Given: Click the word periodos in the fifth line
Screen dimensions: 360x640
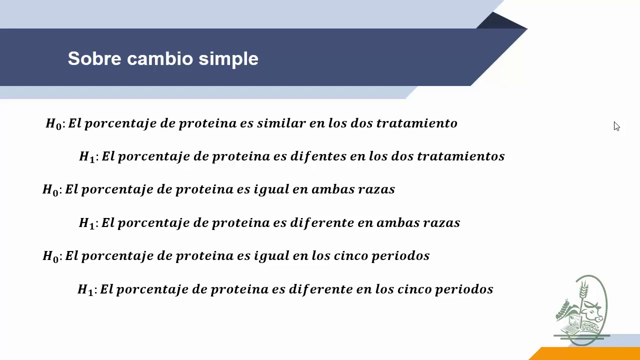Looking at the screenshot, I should [x=406, y=255].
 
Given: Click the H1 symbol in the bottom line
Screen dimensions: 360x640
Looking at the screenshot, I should [x=85, y=290].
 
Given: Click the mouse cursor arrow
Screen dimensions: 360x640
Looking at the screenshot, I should [x=616, y=126].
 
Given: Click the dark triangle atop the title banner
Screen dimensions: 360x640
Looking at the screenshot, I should [x=500, y=21].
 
